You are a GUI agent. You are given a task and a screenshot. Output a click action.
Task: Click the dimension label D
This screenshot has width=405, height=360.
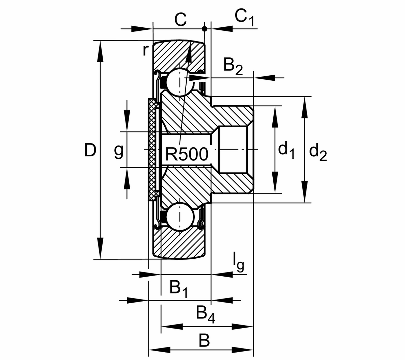pyautogui.click(x=90, y=150)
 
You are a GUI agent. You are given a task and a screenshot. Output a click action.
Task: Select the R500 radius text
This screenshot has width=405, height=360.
pyautogui.click(x=186, y=155)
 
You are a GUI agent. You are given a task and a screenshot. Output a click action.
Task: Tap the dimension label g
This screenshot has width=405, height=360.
pyautogui.click(x=118, y=151)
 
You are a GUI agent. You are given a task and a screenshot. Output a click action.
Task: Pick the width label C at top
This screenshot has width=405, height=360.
pyautogui.click(x=180, y=20)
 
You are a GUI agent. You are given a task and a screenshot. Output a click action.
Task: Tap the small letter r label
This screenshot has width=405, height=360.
pyautogui.click(x=145, y=50)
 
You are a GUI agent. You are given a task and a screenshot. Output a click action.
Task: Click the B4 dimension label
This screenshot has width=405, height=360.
pyautogui.click(x=206, y=314)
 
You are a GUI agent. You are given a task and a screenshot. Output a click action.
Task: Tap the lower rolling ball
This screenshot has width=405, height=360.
pyautogui.click(x=180, y=216)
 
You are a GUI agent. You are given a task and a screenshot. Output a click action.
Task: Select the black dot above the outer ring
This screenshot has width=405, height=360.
pyautogui.click(x=204, y=29)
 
